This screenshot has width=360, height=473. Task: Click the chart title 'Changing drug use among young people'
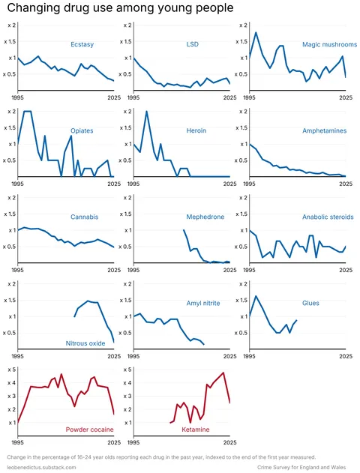pos(119,7)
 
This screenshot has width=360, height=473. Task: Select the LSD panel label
pos(193,45)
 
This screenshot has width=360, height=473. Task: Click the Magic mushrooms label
pos(324,45)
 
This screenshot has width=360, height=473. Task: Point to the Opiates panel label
pos(82,131)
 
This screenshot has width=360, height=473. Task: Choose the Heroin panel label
pos(196,131)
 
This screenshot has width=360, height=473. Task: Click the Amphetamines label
pos(324,131)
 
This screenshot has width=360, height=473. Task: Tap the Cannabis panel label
pos(84,217)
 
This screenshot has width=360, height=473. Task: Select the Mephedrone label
pos(205,217)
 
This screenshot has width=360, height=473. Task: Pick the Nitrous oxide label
pos(85,343)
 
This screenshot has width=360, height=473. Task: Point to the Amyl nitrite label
pos(203,304)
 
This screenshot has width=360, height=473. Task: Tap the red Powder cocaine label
pos(89,430)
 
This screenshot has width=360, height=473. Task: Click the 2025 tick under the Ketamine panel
pos(229,442)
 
